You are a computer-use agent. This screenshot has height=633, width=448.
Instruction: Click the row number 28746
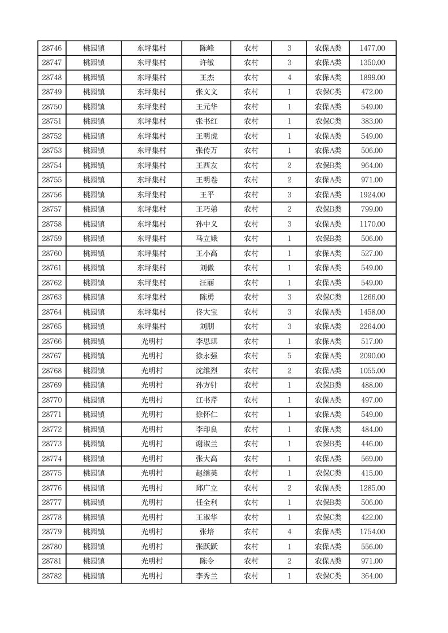[x=51, y=48]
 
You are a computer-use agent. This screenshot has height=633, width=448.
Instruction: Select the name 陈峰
[x=207, y=48]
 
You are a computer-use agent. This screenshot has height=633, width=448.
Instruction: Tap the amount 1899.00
[x=372, y=77]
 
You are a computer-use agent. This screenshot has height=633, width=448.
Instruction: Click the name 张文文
[x=207, y=92]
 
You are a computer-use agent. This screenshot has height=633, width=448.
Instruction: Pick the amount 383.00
[x=372, y=121]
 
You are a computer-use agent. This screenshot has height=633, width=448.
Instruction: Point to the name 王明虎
[x=207, y=136]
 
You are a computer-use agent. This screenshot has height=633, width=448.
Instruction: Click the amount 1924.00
[x=372, y=195]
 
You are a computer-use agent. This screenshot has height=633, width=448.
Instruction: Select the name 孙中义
[x=207, y=224]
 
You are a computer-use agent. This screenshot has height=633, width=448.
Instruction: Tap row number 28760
[x=51, y=253]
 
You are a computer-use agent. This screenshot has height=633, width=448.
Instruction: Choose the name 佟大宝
[x=207, y=312]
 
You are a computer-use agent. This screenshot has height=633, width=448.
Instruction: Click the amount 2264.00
[x=372, y=327]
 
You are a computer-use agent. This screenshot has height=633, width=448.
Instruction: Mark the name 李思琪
[x=207, y=341]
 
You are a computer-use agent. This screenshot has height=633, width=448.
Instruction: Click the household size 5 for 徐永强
[x=289, y=356]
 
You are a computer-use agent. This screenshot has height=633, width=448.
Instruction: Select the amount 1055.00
[x=372, y=371]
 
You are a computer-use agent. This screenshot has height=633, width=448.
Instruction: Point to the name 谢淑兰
[x=207, y=444]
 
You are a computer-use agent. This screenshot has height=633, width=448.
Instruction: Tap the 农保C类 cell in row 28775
[x=328, y=473]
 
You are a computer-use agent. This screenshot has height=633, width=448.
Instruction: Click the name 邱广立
[x=207, y=488]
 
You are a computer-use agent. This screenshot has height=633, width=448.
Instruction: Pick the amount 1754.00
[x=372, y=532]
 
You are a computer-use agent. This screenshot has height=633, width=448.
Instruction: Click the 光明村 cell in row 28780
[x=152, y=547]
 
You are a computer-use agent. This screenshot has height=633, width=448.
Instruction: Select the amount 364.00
[x=372, y=576]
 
